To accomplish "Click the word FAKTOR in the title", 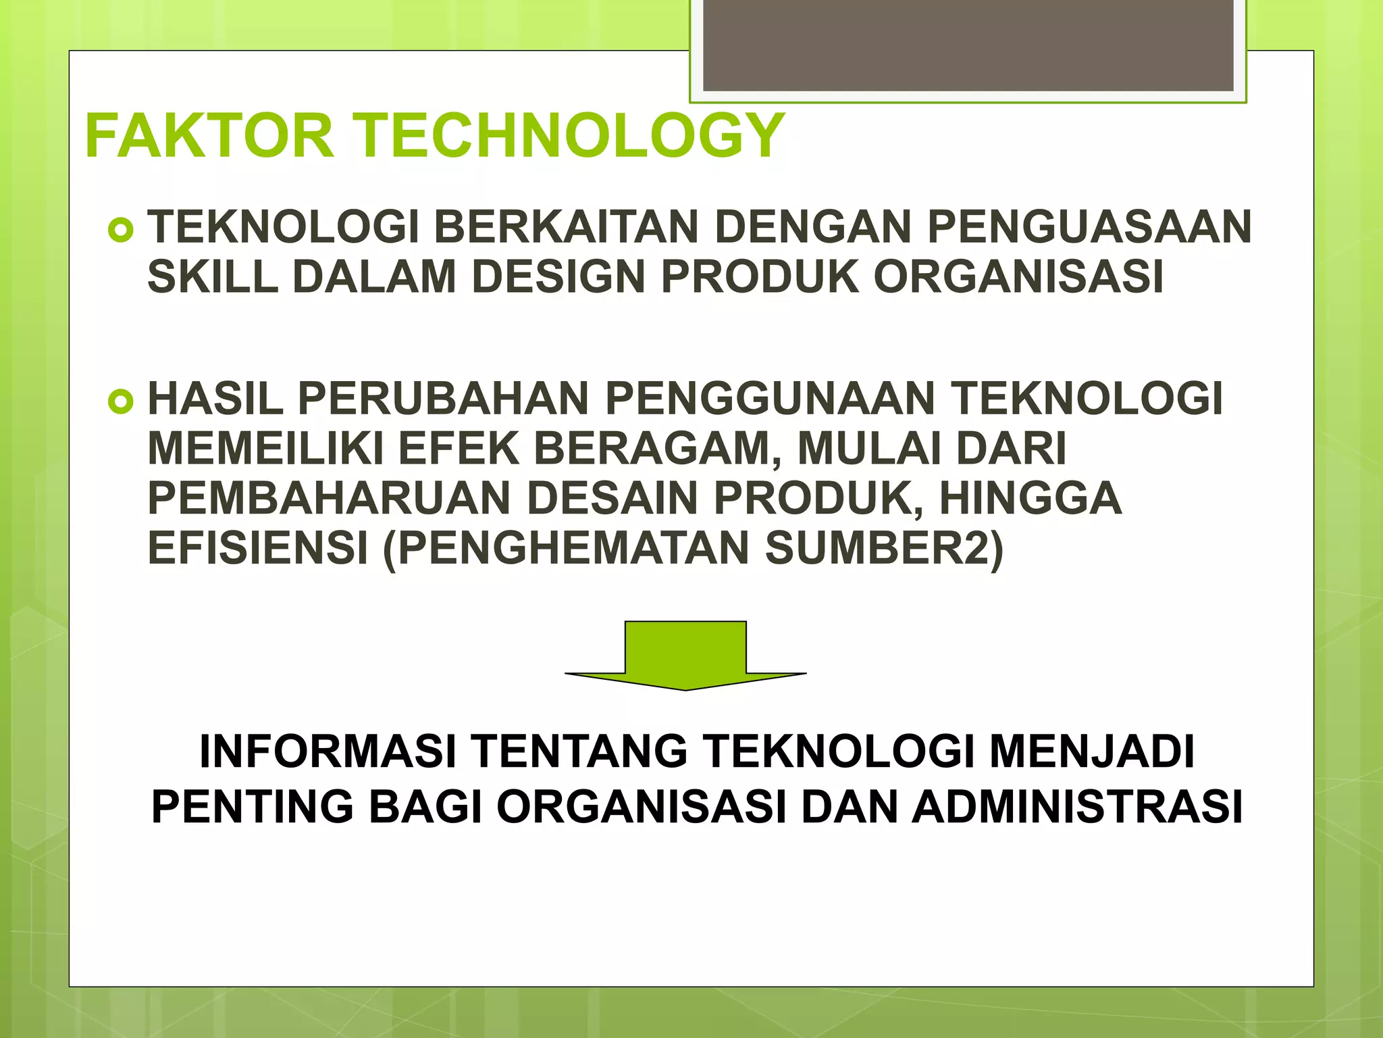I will tap(209, 136).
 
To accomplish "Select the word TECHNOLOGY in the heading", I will tap(570, 136).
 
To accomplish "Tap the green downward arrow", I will tap(685, 655).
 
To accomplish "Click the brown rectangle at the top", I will tap(968, 45).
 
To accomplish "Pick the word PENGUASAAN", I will tap(1089, 227).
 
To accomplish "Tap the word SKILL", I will tap(213, 277).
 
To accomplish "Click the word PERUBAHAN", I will tap(443, 399).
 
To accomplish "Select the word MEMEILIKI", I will tap(265, 449).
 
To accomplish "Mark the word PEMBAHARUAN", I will tap(329, 499).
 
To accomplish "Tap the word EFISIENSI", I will tap(257, 548).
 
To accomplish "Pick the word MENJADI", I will tap(1092, 752).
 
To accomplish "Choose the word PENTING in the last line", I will tap(253, 807).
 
